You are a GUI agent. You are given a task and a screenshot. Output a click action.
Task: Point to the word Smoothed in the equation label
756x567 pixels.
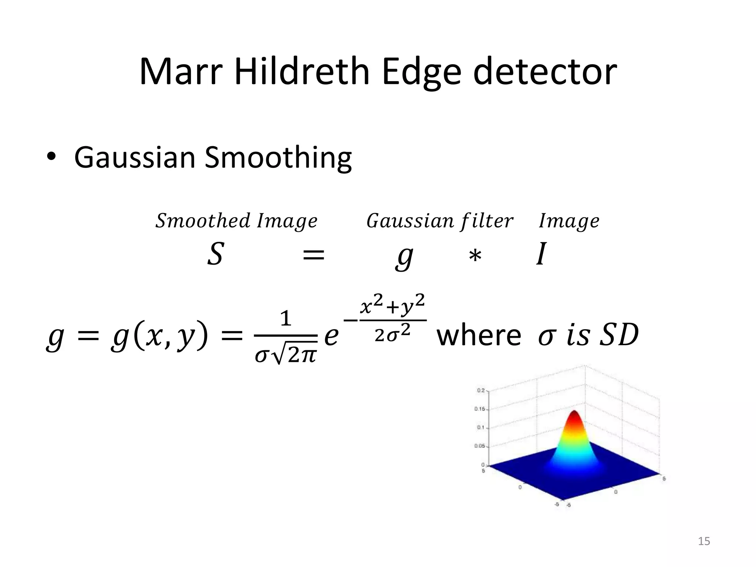(203, 221)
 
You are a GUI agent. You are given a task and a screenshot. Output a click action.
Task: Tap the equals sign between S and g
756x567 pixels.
(313, 255)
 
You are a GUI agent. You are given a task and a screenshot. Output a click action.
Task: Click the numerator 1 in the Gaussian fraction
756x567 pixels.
(286, 319)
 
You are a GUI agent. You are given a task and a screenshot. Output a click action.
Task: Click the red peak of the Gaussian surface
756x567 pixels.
(574, 415)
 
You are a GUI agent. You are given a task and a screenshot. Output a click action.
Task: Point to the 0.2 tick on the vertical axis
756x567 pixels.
(481, 391)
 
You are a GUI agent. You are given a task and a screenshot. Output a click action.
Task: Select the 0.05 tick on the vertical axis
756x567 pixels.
(480, 446)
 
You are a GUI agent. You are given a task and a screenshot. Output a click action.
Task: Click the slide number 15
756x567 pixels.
(704, 541)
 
